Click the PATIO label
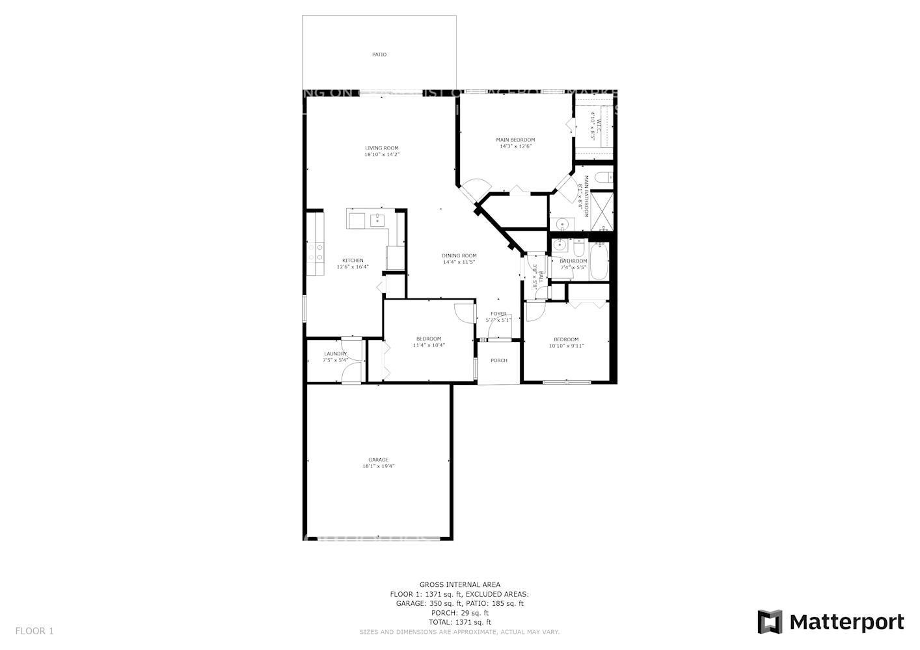pyautogui.click(x=379, y=55)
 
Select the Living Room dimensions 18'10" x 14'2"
pyautogui.click(x=381, y=155)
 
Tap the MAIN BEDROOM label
pyautogui.click(x=515, y=140)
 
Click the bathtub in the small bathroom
pyautogui.click(x=599, y=261)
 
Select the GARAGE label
pyautogui.click(x=378, y=460)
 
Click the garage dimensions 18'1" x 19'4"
pyautogui.click(x=378, y=466)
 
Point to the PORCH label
pyautogui.click(x=499, y=361)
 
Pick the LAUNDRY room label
pyautogui.click(x=335, y=354)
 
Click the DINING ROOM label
pyautogui.click(x=459, y=255)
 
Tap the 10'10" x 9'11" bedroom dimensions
pyautogui.click(x=566, y=346)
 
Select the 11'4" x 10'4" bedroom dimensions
pyautogui.click(x=429, y=345)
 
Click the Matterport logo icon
pyautogui.click(x=770, y=622)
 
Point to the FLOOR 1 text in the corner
pyautogui.click(x=34, y=630)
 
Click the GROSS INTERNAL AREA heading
pyautogui.click(x=460, y=584)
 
